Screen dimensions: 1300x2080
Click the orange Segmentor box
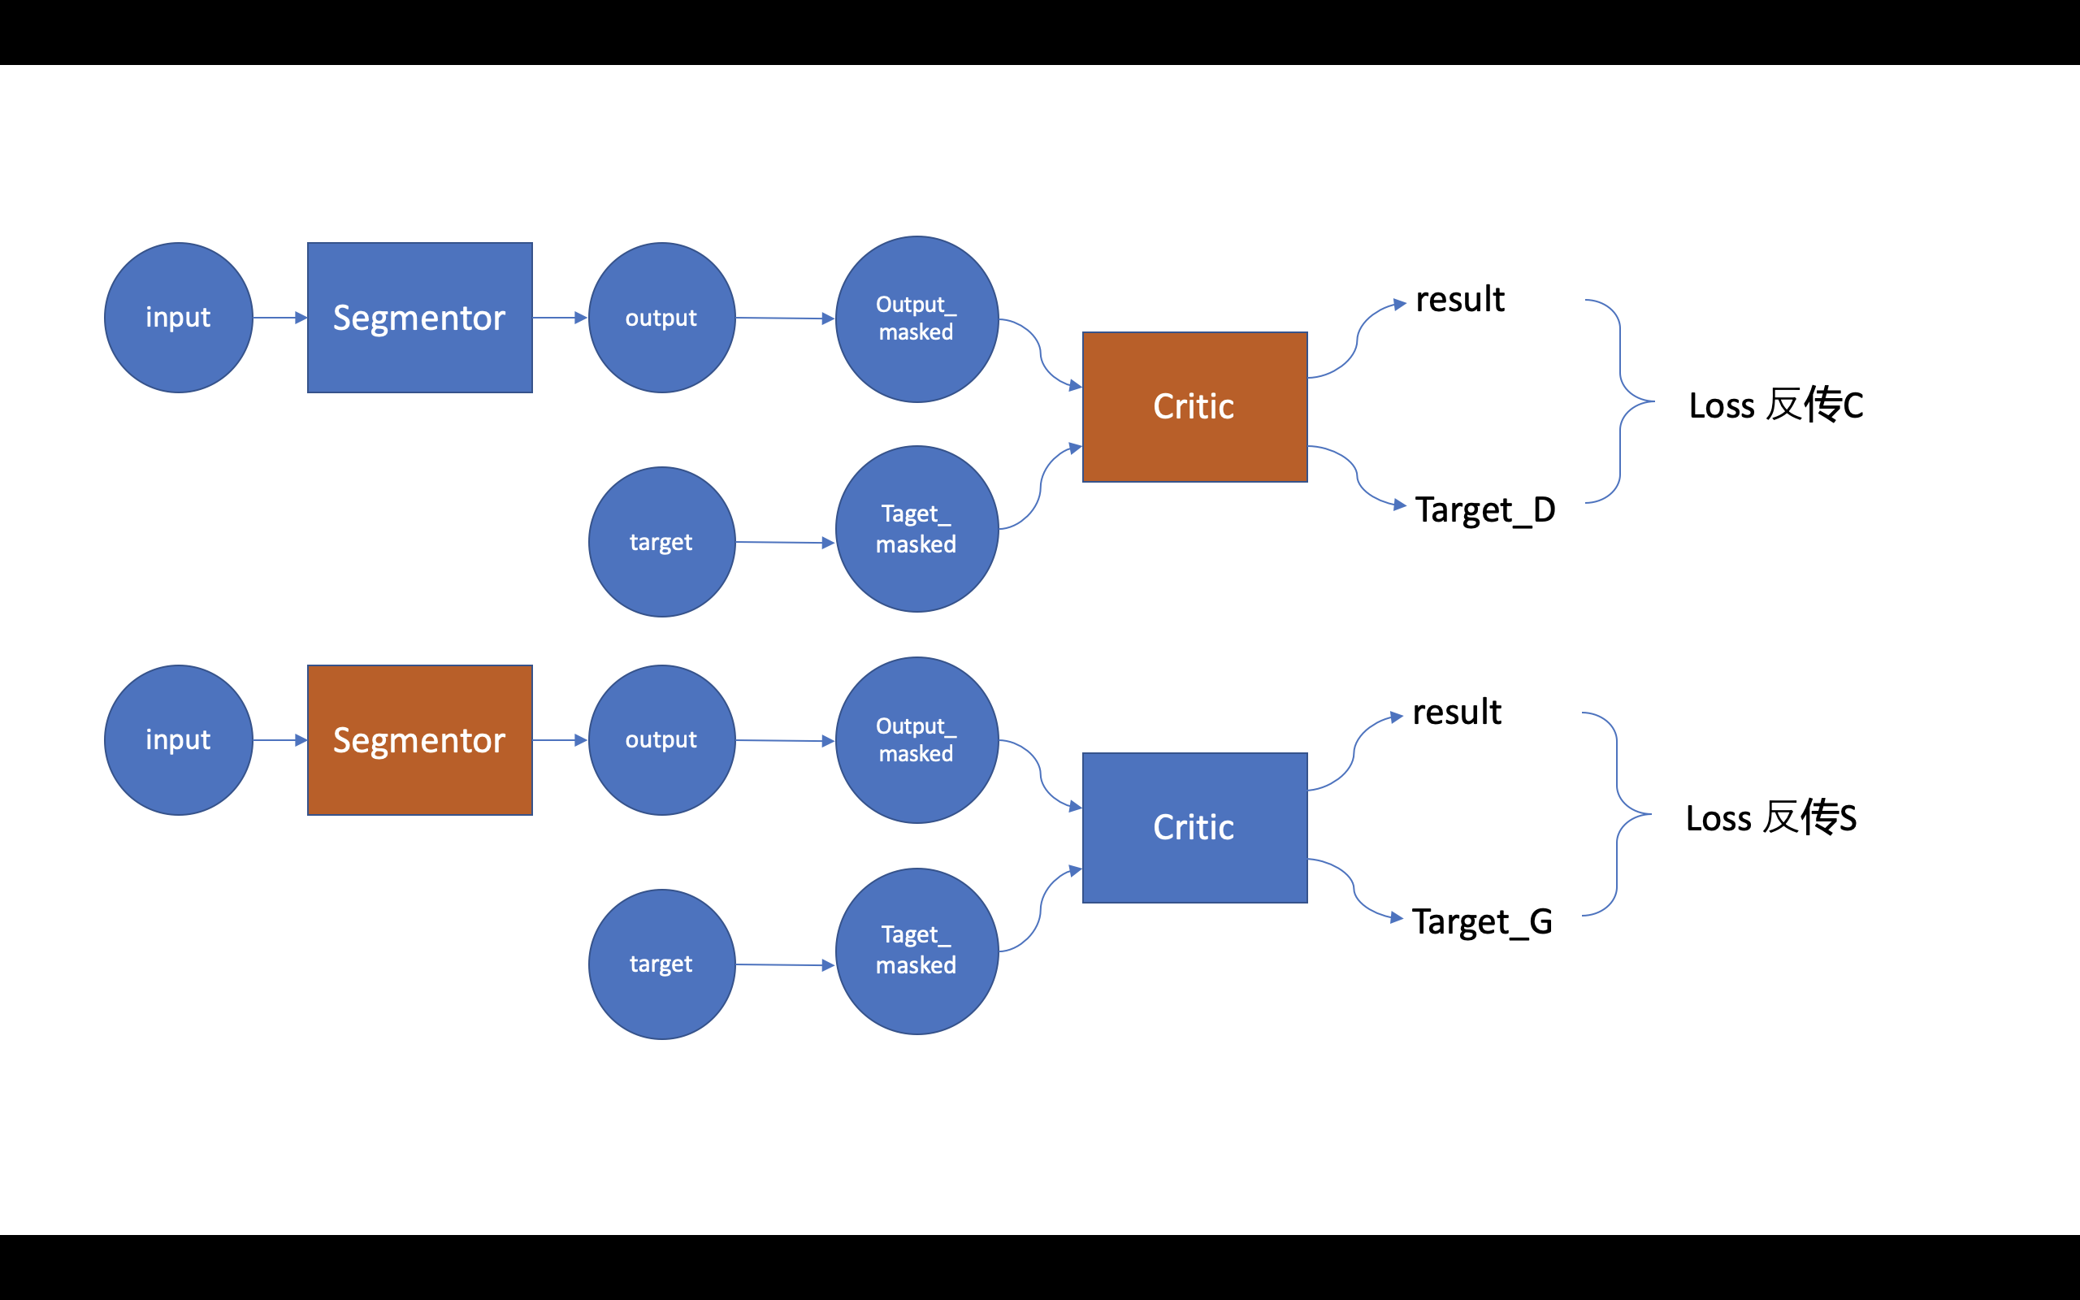tap(419, 739)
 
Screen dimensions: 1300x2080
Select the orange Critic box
tap(1194, 407)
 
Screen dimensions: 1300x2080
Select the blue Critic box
tap(1194, 827)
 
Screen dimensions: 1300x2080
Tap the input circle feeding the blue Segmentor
tap(178, 317)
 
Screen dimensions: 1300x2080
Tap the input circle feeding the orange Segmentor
tap(178, 739)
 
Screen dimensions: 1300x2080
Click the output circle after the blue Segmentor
tap(661, 317)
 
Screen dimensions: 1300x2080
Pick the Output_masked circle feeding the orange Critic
tap(916, 319)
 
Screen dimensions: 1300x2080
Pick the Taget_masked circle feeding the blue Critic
tap(916, 950)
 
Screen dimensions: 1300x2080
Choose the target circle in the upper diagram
tap(661, 542)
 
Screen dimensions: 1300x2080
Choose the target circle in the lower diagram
tap(661, 964)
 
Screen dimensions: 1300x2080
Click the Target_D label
tap(1484, 510)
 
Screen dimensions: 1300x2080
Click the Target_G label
tap(1482, 921)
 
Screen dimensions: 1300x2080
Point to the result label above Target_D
tap(1459, 299)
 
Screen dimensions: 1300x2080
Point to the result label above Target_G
tap(1456, 712)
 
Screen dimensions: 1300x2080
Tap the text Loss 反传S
tap(1770, 817)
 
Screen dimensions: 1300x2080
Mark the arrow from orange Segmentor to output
tap(560, 739)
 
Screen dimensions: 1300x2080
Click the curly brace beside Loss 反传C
tap(1621, 401)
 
